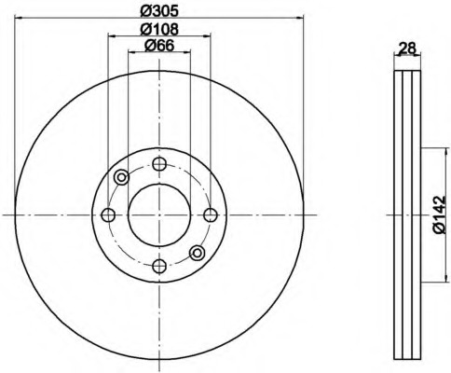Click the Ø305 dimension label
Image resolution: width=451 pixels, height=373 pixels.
click(159, 11)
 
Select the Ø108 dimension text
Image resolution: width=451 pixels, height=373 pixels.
click(159, 29)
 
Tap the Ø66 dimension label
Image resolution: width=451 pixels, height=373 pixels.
click(159, 46)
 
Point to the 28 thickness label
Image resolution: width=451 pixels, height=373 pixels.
click(407, 48)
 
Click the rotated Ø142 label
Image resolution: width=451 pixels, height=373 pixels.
click(439, 214)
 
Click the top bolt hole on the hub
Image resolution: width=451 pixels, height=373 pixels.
click(159, 164)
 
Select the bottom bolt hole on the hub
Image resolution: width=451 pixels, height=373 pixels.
click(159, 266)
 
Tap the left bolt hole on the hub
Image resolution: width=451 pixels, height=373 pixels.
click(108, 214)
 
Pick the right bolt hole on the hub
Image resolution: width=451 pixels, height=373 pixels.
click(211, 214)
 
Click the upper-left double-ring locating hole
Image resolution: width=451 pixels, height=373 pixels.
click(121, 177)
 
